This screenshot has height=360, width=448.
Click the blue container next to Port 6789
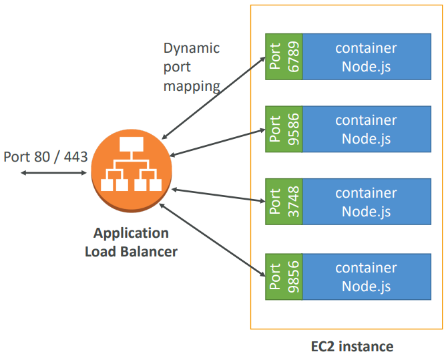[366, 56]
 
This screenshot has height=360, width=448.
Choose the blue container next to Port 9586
[366, 130]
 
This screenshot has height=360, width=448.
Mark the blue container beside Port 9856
[366, 277]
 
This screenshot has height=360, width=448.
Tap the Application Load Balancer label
[131, 242]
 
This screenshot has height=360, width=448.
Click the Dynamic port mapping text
[191, 67]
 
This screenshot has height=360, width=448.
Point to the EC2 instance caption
[352, 346]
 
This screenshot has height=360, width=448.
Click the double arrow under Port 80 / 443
[54, 174]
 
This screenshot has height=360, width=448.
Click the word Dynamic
[192, 48]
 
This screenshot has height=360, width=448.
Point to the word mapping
[192, 86]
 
